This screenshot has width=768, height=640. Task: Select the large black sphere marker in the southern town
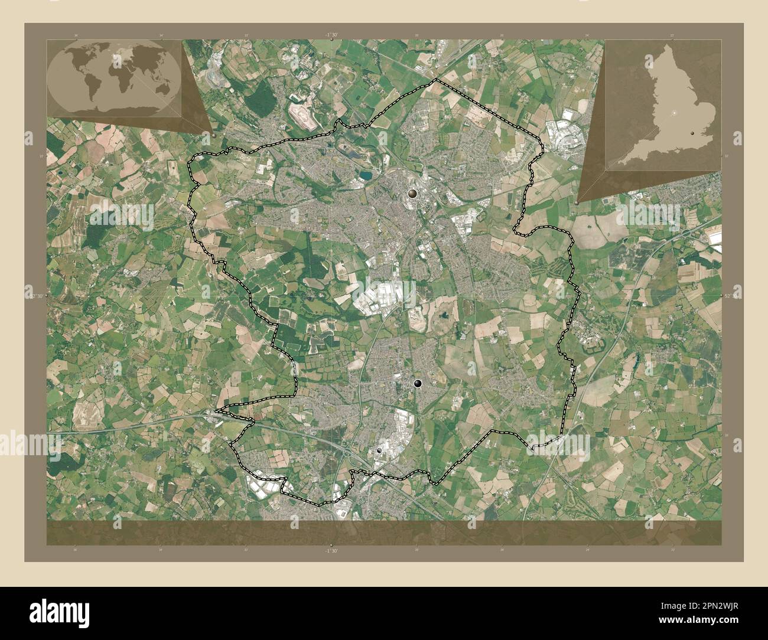pyautogui.click(x=419, y=384)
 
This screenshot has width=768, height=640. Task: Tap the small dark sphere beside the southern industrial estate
pyautogui.click(x=379, y=450)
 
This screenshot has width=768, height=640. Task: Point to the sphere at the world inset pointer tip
pyautogui.click(x=213, y=134)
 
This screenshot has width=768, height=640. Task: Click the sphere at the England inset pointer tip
pyautogui.click(x=577, y=202)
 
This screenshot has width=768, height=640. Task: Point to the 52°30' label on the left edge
pyautogui.click(x=37, y=295)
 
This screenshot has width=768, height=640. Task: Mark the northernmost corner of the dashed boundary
pyautogui.click(x=435, y=79)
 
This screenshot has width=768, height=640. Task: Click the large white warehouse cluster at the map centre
pyautogui.click(x=383, y=295)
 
